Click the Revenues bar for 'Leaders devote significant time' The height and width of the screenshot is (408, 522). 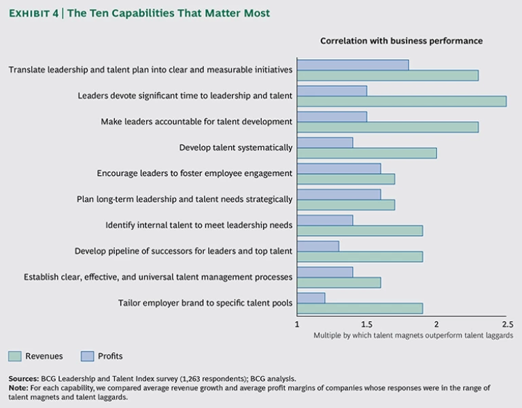[401, 101]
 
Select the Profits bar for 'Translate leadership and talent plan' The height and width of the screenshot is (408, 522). [353, 64]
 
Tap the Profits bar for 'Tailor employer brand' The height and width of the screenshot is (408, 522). [311, 297]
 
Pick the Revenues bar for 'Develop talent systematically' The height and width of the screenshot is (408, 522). [366, 153]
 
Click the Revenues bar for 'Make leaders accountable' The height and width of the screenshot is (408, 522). [387, 127]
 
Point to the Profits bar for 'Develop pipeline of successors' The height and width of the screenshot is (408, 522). [318, 246]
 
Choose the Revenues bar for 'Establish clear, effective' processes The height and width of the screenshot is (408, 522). [338, 282]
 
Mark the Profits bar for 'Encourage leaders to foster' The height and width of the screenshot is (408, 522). [338, 168]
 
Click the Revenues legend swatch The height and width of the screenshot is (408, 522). [15, 356]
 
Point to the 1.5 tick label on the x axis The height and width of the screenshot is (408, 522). [367, 324]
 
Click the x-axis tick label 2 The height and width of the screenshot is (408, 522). [436, 324]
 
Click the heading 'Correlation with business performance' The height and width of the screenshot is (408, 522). [402, 41]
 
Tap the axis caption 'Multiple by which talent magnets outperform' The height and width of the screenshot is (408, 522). [413, 335]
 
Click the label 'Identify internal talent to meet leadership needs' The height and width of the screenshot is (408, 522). [199, 225]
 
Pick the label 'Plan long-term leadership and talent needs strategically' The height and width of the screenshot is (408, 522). [185, 200]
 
